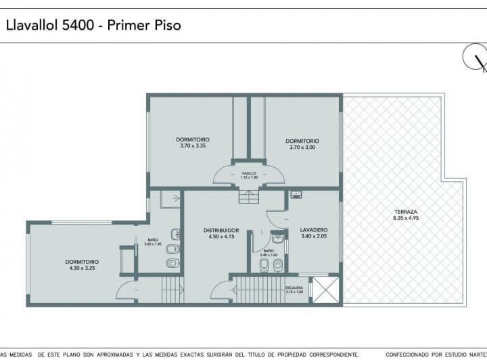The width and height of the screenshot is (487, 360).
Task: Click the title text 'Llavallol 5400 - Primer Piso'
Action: [x=93, y=25]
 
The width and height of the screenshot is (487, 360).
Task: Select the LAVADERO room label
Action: [x=313, y=230]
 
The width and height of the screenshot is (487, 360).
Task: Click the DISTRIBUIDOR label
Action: [x=221, y=230]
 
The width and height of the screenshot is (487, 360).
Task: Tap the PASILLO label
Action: [x=249, y=173]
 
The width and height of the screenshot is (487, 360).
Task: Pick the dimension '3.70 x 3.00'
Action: [x=302, y=146]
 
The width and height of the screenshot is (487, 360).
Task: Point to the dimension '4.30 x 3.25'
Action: [x=82, y=268]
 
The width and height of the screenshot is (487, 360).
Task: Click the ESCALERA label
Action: [x=294, y=288]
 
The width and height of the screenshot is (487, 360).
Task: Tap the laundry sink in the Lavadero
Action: [x=296, y=195]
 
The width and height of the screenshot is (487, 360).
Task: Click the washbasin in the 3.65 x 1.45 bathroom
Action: [x=175, y=234]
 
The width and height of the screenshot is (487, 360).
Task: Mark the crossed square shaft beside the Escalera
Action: [x=324, y=290]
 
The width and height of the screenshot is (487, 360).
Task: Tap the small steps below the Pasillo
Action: [x=248, y=197]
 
